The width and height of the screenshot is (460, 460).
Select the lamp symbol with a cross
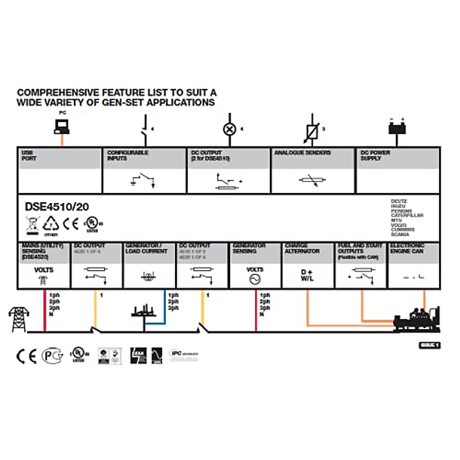[230, 129]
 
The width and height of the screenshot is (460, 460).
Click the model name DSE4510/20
[57, 207]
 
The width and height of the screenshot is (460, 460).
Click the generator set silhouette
[417, 320]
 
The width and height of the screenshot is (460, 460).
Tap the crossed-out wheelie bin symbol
[33, 225]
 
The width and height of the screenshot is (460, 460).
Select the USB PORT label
[29, 156]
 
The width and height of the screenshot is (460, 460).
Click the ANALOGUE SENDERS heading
[302, 153]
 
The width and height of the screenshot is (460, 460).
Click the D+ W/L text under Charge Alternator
[307, 276]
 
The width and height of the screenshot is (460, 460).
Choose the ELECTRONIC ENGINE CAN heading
[407, 248]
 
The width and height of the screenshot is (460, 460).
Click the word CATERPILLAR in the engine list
[407, 215]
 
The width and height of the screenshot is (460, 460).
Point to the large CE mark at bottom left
[26, 356]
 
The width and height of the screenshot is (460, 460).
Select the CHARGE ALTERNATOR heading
[302, 248]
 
